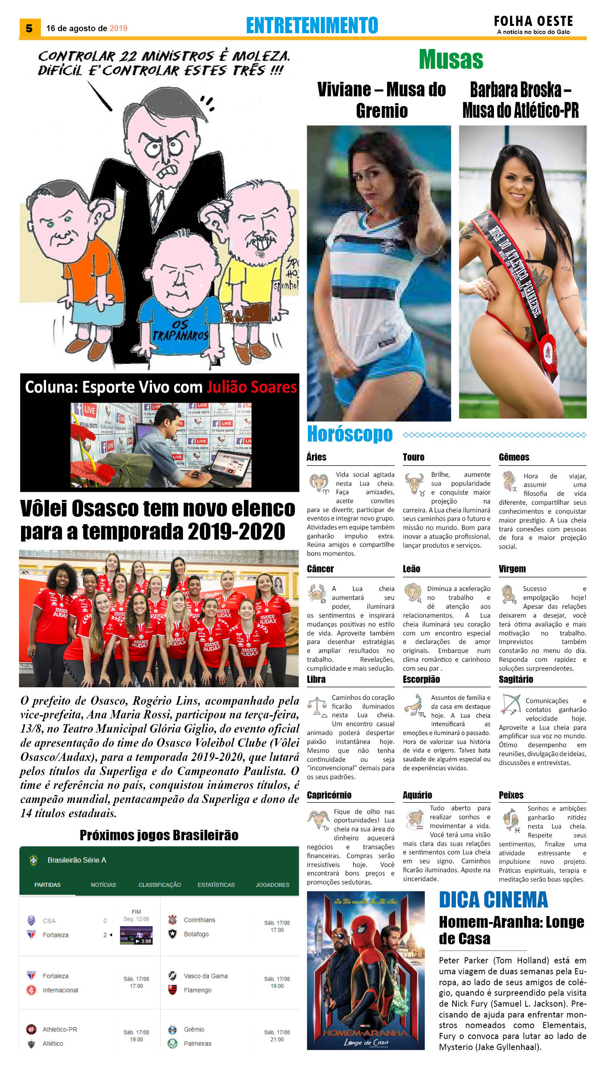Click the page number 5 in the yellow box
pos(29,28)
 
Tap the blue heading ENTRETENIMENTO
pos(312,25)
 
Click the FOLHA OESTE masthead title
pos(533,21)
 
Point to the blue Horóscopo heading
pos(350,434)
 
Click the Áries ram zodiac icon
pos(318,483)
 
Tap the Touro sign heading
pos(413,457)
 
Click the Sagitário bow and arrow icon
pos(511,704)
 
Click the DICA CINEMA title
pos(493,900)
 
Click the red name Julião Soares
pos(252,387)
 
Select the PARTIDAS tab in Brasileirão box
pos(47,884)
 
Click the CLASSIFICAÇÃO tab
pos(159,884)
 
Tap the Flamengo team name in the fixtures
pos(197,990)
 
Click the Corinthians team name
pos(199,920)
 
